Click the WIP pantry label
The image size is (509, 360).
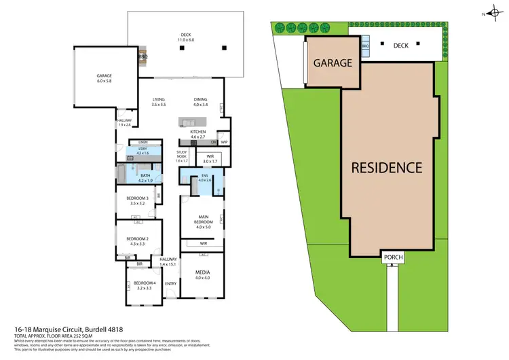click(x=224, y=142)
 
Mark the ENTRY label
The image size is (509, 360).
click(x=170, y=283)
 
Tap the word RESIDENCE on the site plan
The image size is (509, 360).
click(x=387, y=167)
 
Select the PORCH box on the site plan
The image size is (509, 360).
click(x=393, y=257)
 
